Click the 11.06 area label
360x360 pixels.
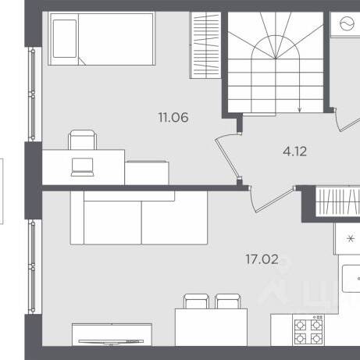(173, 117)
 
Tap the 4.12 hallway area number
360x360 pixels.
(295, 151)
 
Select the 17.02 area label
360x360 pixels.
(262, 259)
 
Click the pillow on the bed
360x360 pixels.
(65, 38)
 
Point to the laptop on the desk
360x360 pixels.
(82, 167)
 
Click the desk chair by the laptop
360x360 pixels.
(83, 140)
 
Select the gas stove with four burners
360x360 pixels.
(308, 330)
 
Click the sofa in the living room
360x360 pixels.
(139, 218)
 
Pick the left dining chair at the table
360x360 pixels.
(196, 301)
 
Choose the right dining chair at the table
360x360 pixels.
(228, 301)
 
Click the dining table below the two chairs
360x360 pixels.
(211, 327)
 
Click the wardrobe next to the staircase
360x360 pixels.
(205, 45)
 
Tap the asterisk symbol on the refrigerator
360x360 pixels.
(351, 238)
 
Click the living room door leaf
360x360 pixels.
(276, 200)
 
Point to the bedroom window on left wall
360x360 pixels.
(33, 94)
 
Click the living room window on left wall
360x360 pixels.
(33, 266)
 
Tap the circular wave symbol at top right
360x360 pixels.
(347, 23)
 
